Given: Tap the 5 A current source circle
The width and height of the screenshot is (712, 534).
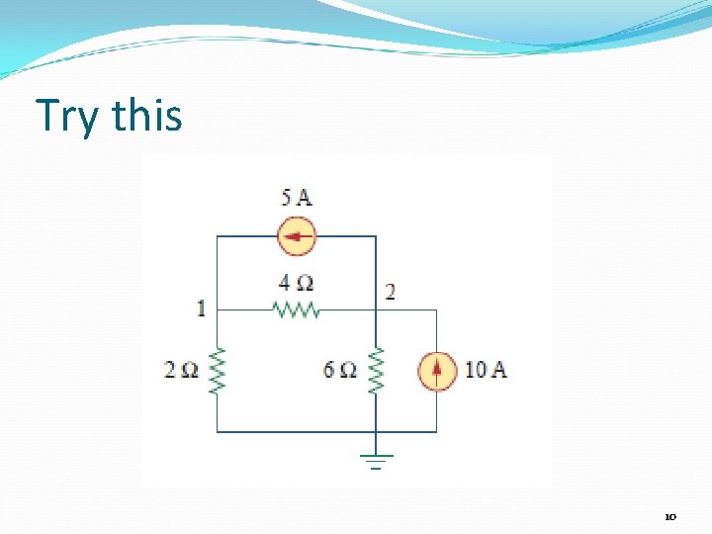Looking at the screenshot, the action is pyautogui.click(x=297, y=236).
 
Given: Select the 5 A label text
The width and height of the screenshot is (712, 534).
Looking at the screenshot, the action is pyautogui.click(x=297, y=197).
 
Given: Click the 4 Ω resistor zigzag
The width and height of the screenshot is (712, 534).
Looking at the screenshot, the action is pyautogui.click(x=296, y=310).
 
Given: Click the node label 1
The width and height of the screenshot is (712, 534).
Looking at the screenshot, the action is pyautogui.click(x=201, y=309).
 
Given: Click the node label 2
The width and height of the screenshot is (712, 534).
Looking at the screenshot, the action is pyautogui.click(x=390, y=292).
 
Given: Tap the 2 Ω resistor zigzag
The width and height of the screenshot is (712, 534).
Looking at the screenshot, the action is pyautogui.click(x=217, y=371).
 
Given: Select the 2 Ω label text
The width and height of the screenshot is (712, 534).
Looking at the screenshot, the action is pyautogui.click(x=182, y=371).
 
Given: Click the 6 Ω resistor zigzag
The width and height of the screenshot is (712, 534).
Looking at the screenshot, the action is pyautogui.click(x=376, y=371).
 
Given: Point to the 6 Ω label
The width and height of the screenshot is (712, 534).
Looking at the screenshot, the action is pyautogui.click(x=340, y=371).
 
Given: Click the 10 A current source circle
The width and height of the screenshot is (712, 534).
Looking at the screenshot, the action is pyautogui.click(x=436, y=371).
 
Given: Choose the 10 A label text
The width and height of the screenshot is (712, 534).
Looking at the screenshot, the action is pyautogui.click(x=486, y=370).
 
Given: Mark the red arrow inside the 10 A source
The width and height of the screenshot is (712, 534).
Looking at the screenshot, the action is pyautogui.click(x=436, y=370).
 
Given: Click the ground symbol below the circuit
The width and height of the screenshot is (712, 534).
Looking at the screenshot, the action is pyautogui.click(x=376, y=460).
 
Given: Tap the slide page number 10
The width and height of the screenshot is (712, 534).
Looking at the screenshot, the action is pyautogui.click(x=669, y=516).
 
